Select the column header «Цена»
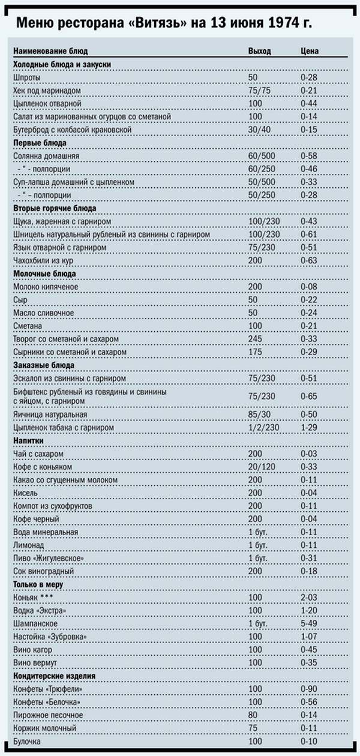click(x=309, y=52)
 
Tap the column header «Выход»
click(x=259, y=52)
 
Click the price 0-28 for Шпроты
click(x=308, y=78)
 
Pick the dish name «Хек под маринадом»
click(x=47, y=91)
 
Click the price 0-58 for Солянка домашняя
click(x=308, y=156)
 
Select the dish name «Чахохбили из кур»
click(x=43, y=260)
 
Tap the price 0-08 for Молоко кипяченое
click(x=308, y=287)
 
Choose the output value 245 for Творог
click(x=255, y=339)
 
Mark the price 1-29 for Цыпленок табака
click(x=308, y=428)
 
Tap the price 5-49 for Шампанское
click(x=308, y=623)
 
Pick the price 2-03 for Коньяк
click(x=308, y=597)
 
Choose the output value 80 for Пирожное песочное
click(x=253, y=715)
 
